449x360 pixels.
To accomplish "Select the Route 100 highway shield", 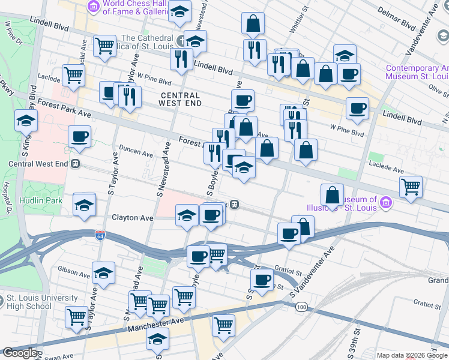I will click(301, 307).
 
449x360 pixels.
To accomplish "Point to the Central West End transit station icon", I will click(76, 163).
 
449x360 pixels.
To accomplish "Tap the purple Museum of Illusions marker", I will click(385, 203).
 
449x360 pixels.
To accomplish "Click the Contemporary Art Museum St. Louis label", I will click(417, 72).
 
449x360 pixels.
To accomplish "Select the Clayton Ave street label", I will click(131, 218).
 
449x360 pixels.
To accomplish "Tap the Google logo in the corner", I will click(20, 353).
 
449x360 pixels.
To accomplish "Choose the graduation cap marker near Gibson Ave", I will click(104, 273).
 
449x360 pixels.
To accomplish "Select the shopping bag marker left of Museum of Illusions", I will click(332, 195).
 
